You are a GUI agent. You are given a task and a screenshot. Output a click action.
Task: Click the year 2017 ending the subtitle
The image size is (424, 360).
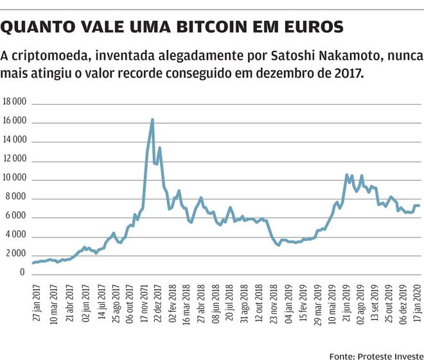(349, 73)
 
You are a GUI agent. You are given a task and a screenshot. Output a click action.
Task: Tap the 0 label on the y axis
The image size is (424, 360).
(23, 273)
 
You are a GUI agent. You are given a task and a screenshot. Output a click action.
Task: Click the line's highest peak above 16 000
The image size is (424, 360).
(152, 119)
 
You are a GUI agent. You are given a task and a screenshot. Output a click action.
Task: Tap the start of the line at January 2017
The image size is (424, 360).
(32, 262)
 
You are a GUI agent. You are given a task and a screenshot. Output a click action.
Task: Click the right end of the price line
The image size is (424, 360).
(420, 205)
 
